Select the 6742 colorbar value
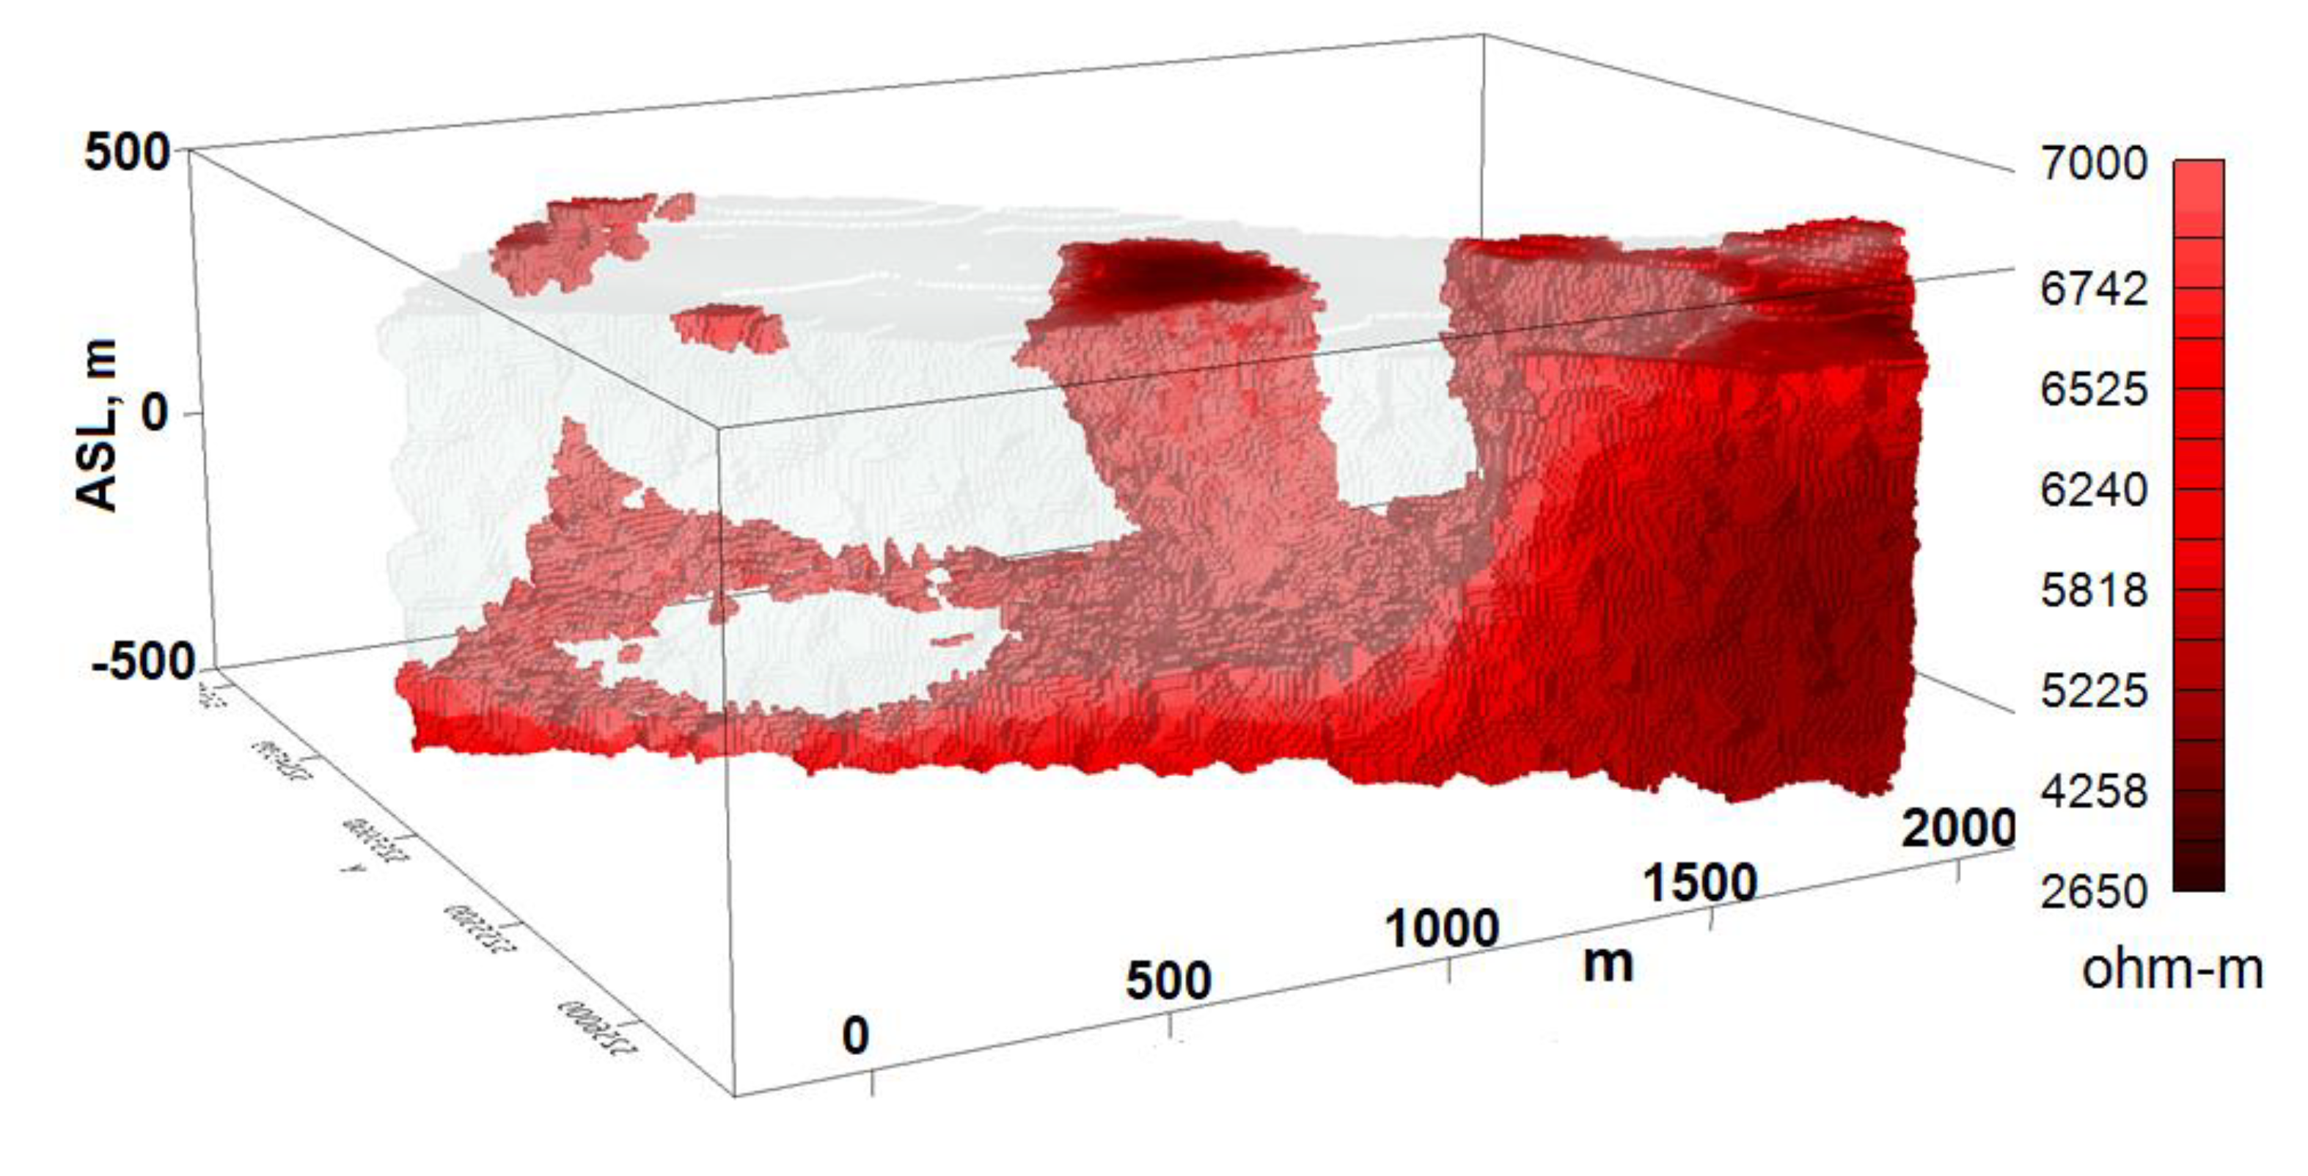click(2093, 290)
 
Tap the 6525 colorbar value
click(2093, 390)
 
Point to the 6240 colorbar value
click(2093, 490)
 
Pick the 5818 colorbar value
click(2093, 591)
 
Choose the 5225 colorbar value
click(2093, 691)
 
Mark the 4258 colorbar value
click(2093, 792)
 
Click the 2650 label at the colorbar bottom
click(2093, 892)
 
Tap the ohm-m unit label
click(2172, 970)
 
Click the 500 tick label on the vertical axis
click(126, 153)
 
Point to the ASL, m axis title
click(97, 426)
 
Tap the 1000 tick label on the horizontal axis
click(1442, 929)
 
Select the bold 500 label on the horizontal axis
click(1168, 981)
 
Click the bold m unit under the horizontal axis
click(1608, 965)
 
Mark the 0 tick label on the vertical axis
click(154, 414)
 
